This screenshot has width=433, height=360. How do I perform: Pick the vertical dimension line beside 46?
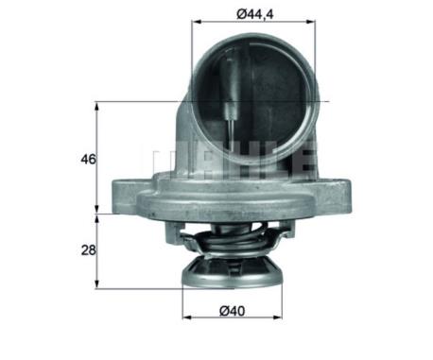pos(98,159)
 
